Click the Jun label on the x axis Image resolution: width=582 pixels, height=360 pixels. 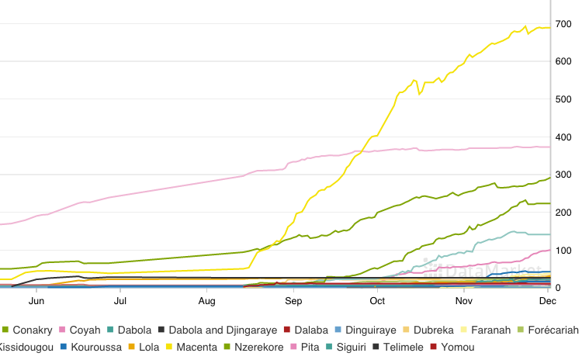[36, 300]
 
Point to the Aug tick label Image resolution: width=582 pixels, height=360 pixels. [206, 300]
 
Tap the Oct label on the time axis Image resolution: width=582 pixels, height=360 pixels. [378, 300]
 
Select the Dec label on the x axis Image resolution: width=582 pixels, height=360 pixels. [548, 300]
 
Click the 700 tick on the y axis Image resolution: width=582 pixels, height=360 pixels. [563, 24]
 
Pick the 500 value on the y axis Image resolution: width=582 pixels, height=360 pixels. [563, 99]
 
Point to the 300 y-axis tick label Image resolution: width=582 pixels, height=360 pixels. [563, 175]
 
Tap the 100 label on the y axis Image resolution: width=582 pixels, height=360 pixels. [563, 250]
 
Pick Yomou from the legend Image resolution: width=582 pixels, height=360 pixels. [457, 347]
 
